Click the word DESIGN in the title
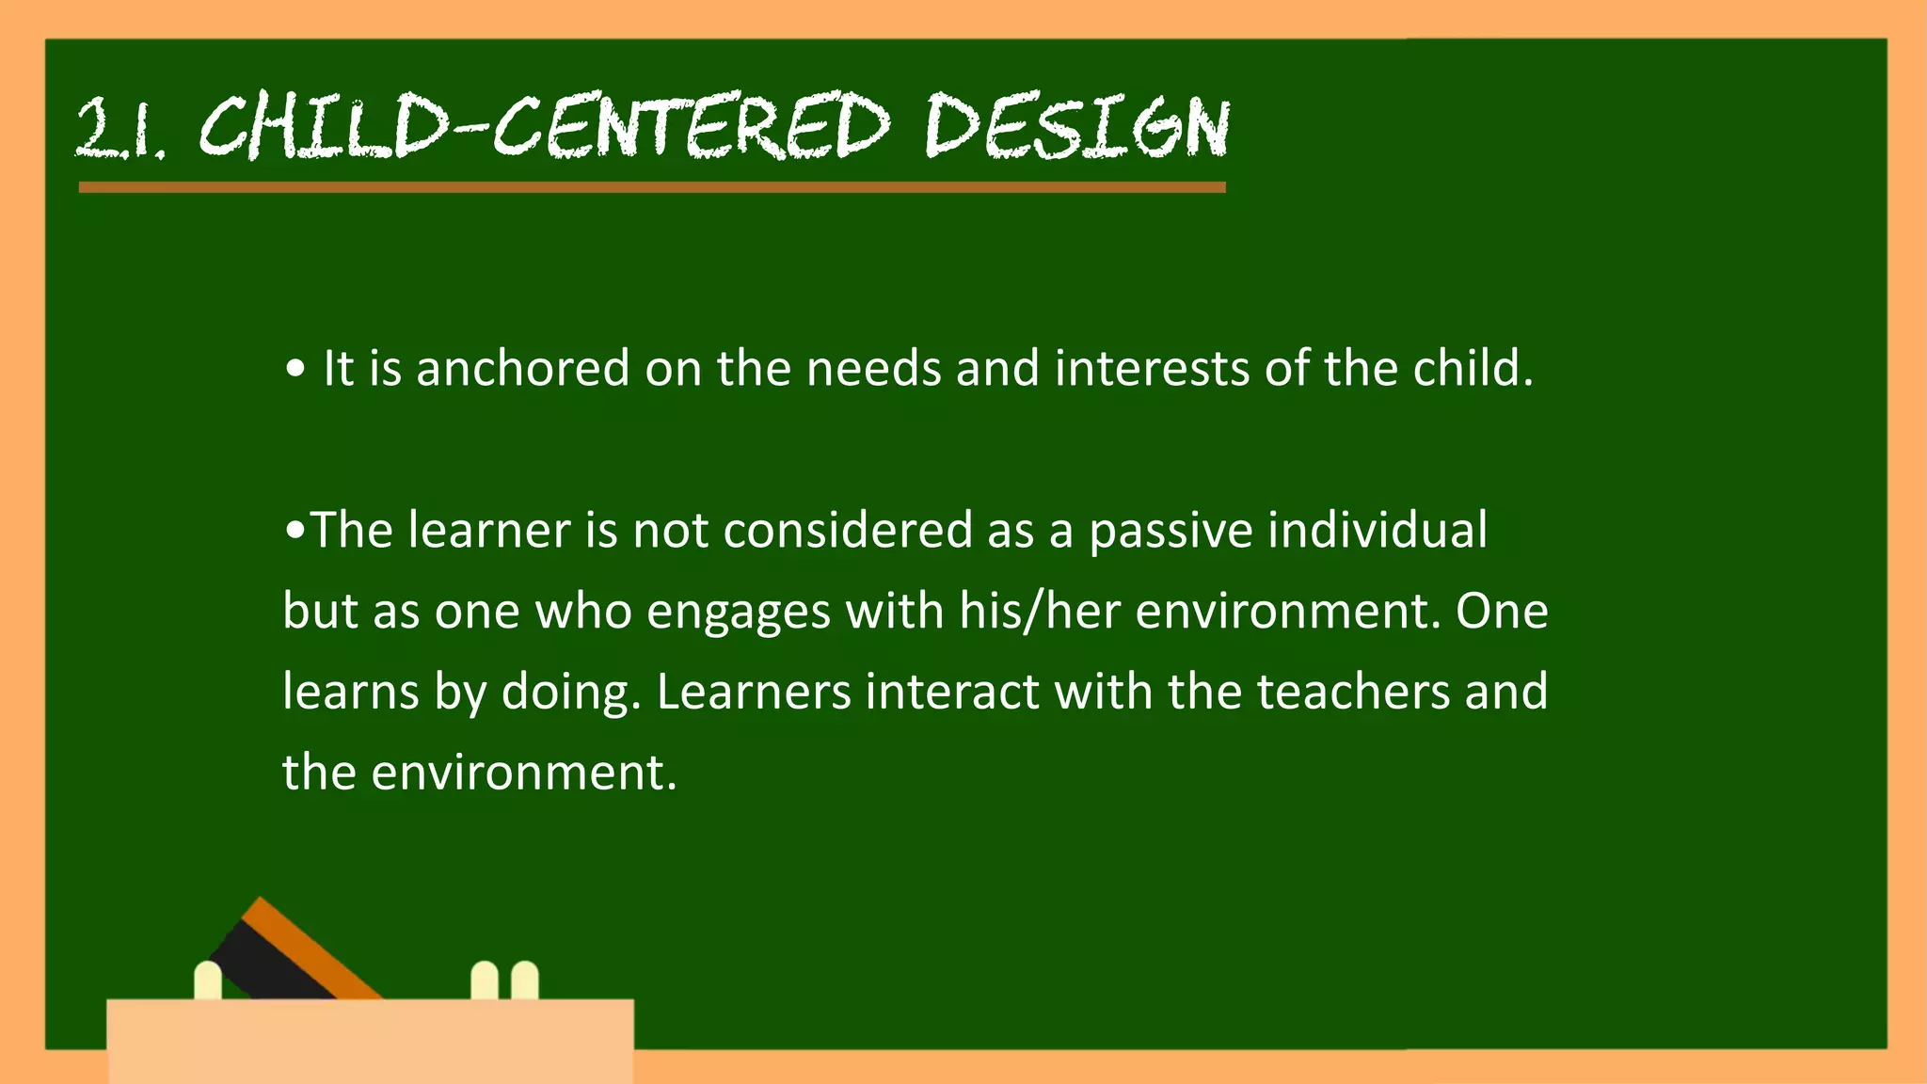[x=1076, y=127]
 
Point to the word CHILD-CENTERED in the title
[x=544, y=127]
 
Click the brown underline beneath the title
[x=651, y=187]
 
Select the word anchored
[x=522, y=368]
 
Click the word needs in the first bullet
[x=873, y=368]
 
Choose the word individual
[x=1378, y=530]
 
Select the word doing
[x=570, y=693]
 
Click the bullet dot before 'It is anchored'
[x=295, y=370]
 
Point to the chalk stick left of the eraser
[x=207, y=980]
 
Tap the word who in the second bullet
[x=583, y=612]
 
